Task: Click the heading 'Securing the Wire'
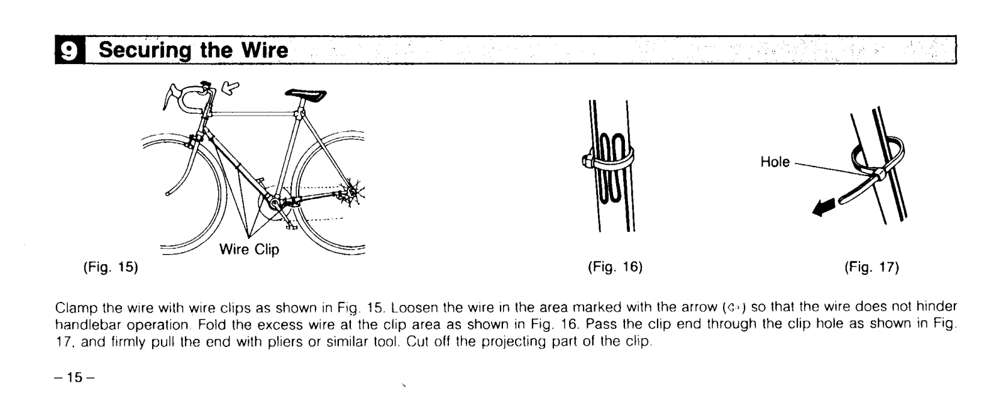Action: [x=194, y=50]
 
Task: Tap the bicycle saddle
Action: [x=306, y=95]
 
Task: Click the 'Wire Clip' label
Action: [x=249, y=250]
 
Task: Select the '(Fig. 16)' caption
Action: [x=614, y=267]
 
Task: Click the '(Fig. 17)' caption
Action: [x=871, y=267]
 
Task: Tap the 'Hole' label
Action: [x=775, y=162]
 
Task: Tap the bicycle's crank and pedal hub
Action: [x=275, y=202]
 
